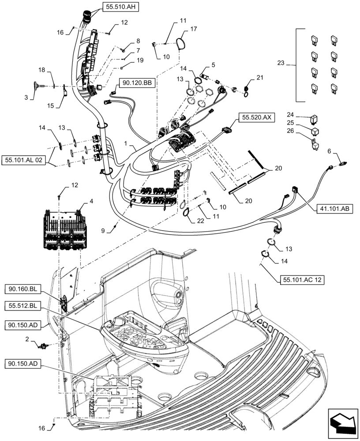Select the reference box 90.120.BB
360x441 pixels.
[137, 83]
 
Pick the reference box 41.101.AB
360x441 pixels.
[334, 209]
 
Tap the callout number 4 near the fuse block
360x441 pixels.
[92, 201]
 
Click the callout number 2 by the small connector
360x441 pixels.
[27, 340]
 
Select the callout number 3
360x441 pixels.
[26, 97]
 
